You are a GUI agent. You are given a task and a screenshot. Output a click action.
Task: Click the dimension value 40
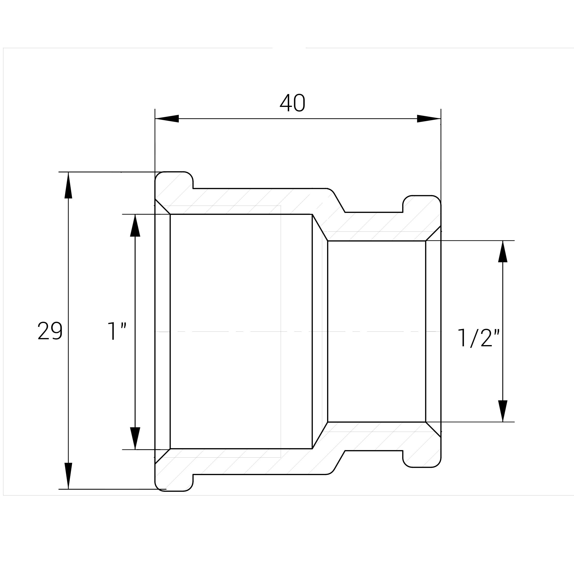292,103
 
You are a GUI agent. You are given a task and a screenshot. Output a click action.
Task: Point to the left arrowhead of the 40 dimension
167,119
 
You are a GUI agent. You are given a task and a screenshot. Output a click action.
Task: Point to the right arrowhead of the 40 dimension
429,119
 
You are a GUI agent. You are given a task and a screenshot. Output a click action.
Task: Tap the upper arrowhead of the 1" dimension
135,226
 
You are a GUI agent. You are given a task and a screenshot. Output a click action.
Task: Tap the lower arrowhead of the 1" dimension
135,438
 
